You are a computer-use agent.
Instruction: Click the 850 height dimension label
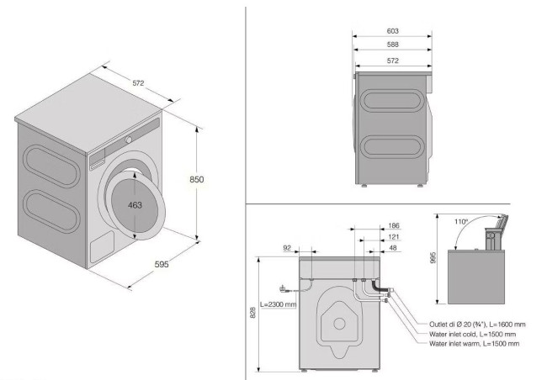click(x=196, y=180)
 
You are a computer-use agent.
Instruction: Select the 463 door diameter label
click(x=135, y=205)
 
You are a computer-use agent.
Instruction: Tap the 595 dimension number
click(x=162, y=264)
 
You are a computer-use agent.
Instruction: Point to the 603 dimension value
click(x=392, y=31)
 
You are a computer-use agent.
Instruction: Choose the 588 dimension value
click(x=392, y=45)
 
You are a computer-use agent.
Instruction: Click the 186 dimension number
click(x=394, y=225)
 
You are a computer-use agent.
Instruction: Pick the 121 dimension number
click(x=394, y=237)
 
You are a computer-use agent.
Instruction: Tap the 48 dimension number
click(x=393, y=248)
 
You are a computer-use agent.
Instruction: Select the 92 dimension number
click(x=287, y=248)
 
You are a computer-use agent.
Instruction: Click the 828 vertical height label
click(x=253, y=313)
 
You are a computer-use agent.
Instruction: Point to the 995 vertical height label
click(x=433, y=257)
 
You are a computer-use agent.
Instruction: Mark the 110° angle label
click(x=461, y=222)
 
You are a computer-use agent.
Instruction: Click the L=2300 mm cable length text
click(x=278, y=304)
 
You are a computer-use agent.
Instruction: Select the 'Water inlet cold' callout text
click(x=453, y=335)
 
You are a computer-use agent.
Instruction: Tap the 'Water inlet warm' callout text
click(x=454, y=344)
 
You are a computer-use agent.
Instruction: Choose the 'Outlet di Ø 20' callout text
click(x=457, y=325)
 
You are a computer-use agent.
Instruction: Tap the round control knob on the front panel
click(x=129, y=140)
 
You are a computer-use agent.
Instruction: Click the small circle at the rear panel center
click(x=339, y=324)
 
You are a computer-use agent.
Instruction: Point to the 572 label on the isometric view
click(x=138, y=83)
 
